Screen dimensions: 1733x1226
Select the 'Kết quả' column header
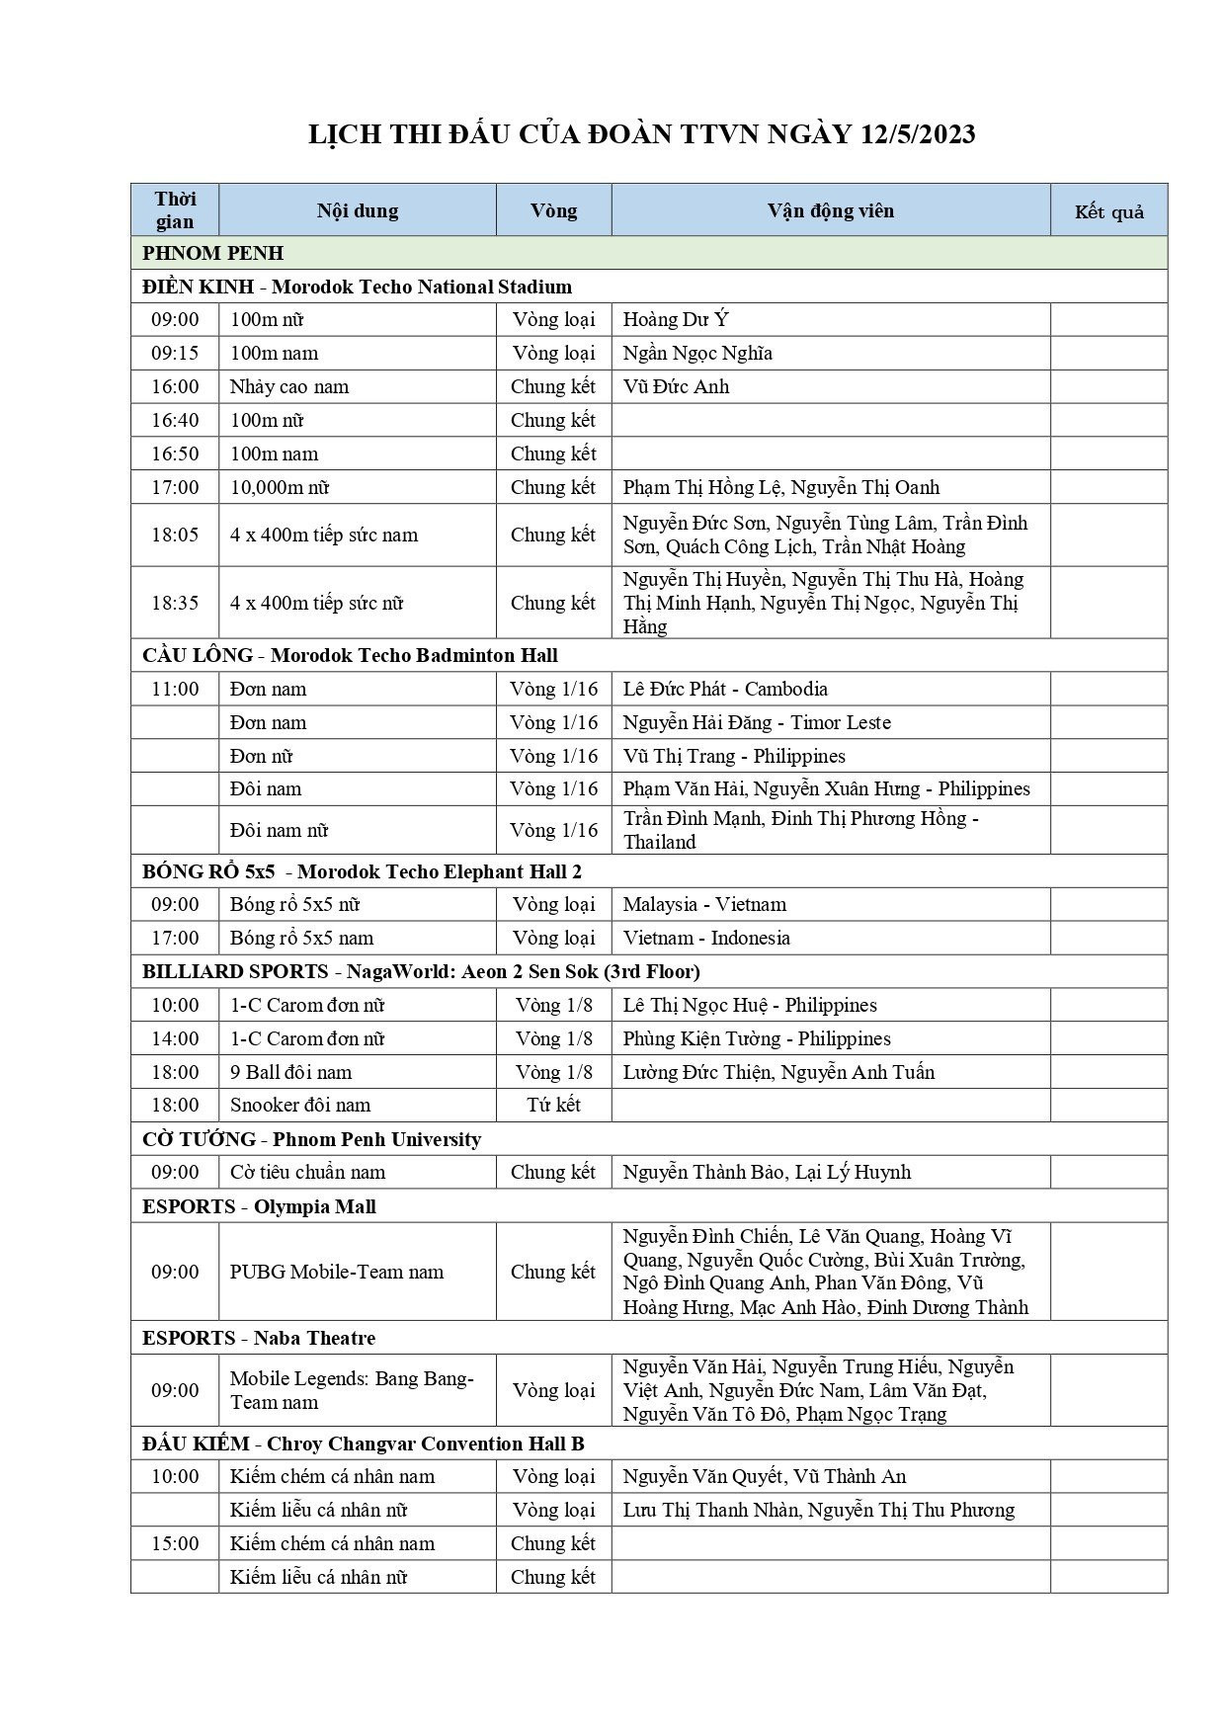pos(1108,211)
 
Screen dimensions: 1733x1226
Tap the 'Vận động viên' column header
pos(830,210)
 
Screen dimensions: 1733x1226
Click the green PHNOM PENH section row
pos(648,253)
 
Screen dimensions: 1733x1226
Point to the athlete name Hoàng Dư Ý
pos(676,319)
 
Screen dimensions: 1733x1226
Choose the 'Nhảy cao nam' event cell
pos(289,386)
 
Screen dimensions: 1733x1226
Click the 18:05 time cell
pos(175,535)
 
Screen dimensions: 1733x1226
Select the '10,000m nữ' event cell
pos(280,487)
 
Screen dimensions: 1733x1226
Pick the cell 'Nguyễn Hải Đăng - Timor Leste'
pos(757,722)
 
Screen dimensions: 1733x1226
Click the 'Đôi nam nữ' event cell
pos(279,830)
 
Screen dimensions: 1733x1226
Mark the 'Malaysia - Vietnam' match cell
pos(704,904)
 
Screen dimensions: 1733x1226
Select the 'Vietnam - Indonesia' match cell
pos(706,938)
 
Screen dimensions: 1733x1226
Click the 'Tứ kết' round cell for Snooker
pos(553,1105)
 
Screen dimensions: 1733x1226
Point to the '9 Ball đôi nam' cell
pos(290,1072)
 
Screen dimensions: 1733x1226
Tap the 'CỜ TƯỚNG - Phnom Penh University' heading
pos(311,1139)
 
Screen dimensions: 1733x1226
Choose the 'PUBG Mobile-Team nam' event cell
pos(337,1272)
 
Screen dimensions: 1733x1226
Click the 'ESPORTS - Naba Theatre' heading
pos(259,1338)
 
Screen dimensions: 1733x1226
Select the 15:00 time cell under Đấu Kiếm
pos(175,1543)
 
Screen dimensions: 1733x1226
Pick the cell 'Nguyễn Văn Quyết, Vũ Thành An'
pos(764,1476)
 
